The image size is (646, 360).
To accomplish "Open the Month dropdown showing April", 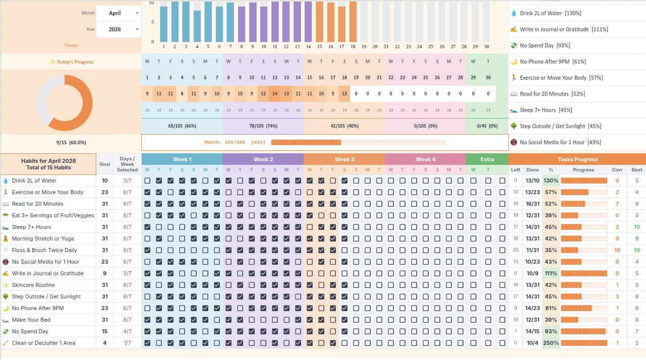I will pos(118,13).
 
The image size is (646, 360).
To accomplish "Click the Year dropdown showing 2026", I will pos(118,29).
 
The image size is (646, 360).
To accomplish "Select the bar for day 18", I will pos(353,22).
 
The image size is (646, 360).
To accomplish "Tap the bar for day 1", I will pos(164,24).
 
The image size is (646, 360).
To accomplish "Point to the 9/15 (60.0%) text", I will pos(71,143).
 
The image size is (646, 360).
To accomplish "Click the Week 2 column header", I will pos(263,159).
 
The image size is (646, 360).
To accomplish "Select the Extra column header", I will pos(487,159).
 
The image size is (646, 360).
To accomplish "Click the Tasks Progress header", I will pos(577,159).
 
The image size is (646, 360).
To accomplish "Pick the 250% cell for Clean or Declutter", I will pos(551,343).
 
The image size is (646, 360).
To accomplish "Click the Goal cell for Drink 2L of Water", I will pos(104,181).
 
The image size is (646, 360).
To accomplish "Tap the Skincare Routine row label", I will pos(33,285).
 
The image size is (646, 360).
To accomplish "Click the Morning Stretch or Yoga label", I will pos(43,238).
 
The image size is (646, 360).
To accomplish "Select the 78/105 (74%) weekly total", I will pos(263,126).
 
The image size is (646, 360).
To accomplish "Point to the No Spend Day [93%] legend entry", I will pos(545,45).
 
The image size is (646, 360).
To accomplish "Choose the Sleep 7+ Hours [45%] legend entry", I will pos(546,110).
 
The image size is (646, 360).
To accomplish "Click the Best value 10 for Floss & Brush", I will pos(637,250).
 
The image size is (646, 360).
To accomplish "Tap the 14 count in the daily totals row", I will pos(275,94).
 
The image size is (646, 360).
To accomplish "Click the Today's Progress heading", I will pos(71,62).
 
